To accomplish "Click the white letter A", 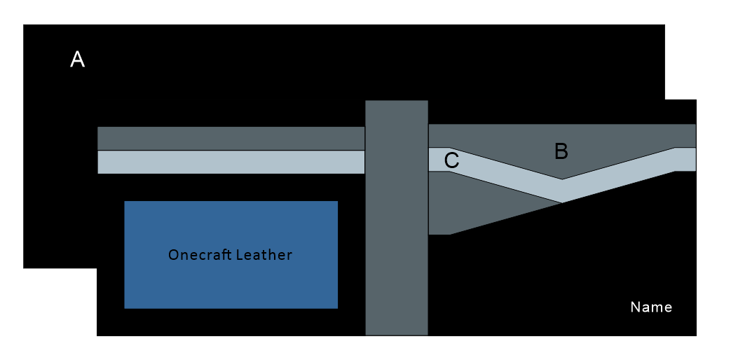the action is [x=78, y=60].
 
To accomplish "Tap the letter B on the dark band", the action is [x=561, y=151].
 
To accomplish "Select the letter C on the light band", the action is [x=452, y=160].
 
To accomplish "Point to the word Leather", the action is [x=264, y=255].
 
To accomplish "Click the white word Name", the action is [x=651, y=307].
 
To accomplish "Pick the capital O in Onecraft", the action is [x=173, y=255].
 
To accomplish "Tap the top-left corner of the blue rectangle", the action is [x=125, y=202].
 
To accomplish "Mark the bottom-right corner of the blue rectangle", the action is [x=337, y=307].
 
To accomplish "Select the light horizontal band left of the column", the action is [x=231, y=162].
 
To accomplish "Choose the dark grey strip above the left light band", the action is [x=231, y=139].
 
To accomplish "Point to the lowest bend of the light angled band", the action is [x=561, y=191].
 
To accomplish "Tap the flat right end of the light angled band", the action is [x=685, y=160].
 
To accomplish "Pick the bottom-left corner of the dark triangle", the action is [x=430, y=233].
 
